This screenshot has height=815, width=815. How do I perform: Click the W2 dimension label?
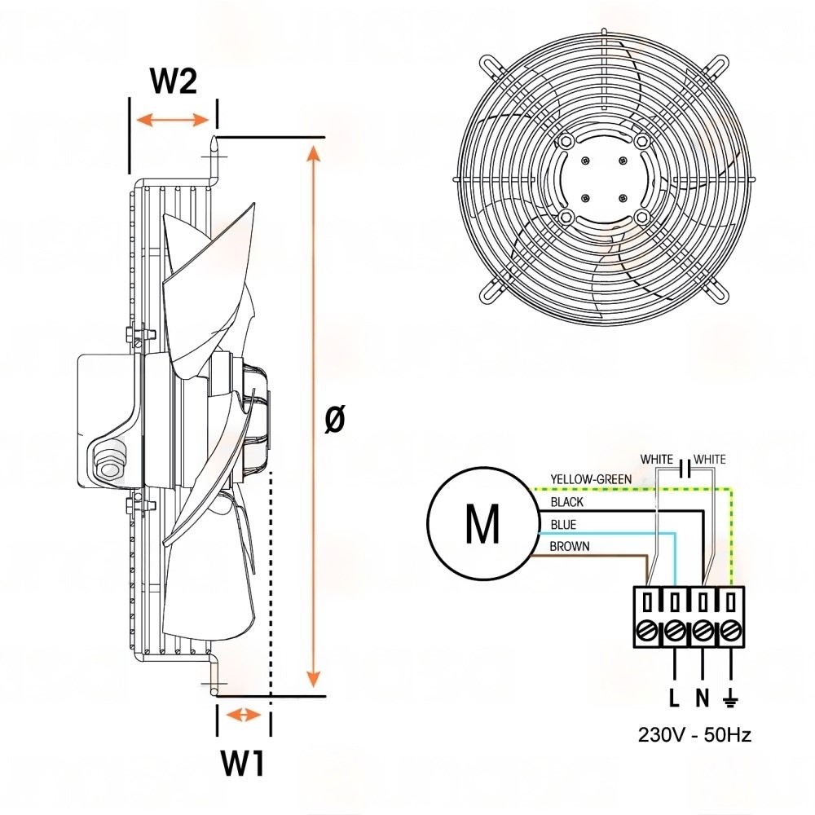[x=174, y=81]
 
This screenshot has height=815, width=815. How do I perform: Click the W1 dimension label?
[x=243, y=764]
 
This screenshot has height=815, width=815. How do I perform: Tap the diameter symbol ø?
[x=334, y=420]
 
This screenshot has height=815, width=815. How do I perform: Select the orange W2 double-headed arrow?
[x=173, y=120]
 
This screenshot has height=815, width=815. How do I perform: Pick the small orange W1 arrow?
[x=243, y=716]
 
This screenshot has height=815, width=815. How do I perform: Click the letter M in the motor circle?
[x=482, y=525]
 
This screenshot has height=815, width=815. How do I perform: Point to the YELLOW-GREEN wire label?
[x=590, y=479]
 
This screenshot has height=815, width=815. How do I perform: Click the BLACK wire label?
[x=567, y=502]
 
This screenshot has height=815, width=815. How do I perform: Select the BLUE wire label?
[x=563, y=525]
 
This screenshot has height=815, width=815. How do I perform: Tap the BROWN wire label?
[x=570, y=547]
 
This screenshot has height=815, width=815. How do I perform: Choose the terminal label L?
[x=673, y=698]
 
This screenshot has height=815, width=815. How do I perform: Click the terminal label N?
[x=702, y=698]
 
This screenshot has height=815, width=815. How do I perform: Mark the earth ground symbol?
[x=731, y=698]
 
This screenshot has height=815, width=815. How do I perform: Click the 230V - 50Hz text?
[x=694, y=734]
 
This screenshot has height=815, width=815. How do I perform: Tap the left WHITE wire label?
[x=657, y=460]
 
